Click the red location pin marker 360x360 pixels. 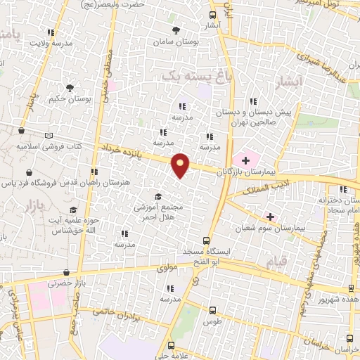[181, 165]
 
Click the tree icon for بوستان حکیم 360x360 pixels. [70, 88]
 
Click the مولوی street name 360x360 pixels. [169, 267]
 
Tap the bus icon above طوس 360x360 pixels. [212, 309]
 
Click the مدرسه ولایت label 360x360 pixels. [51, 43]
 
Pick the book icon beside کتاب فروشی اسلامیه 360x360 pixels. [48, 135]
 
